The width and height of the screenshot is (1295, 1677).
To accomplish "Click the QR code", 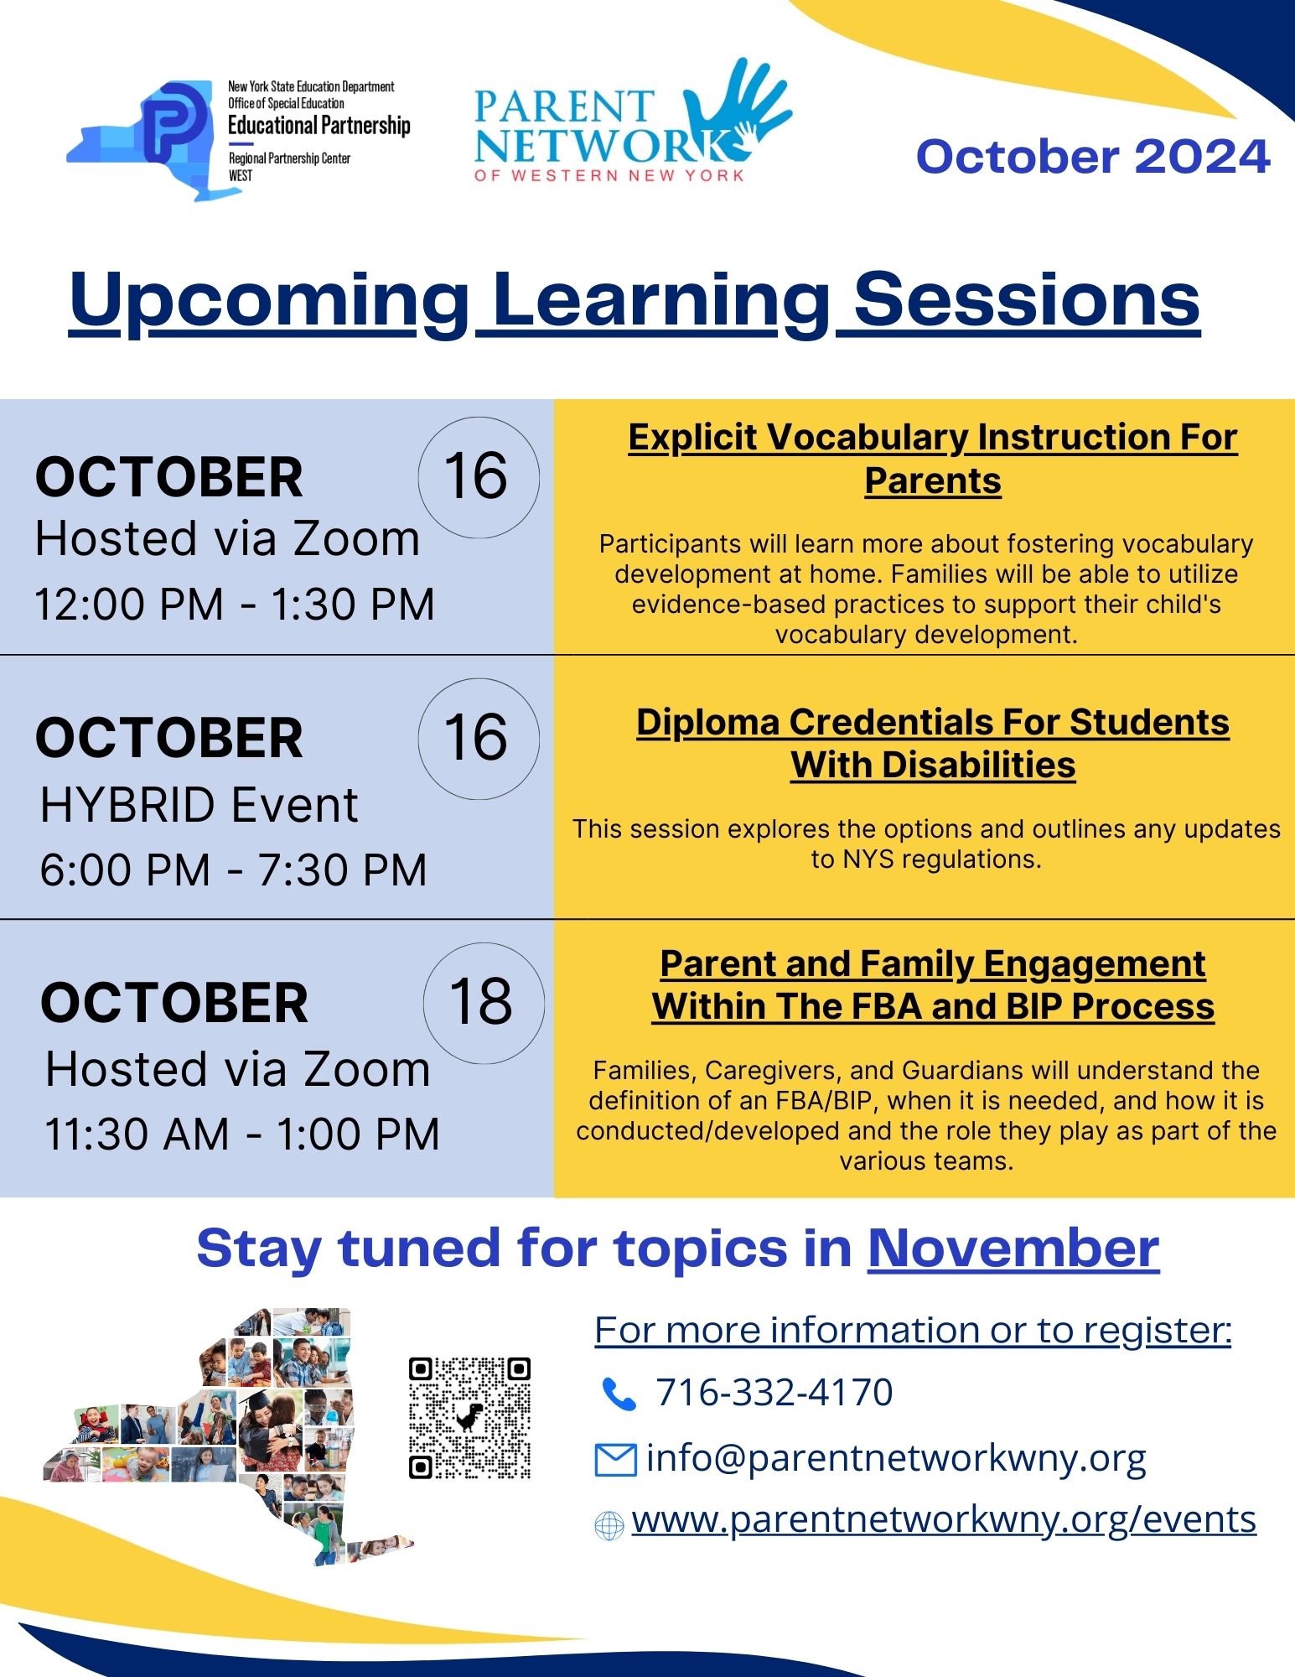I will pyautogui.click(x=469, y=1417).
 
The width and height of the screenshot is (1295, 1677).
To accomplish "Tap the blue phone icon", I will pyautogui.click(x=619, y=1394).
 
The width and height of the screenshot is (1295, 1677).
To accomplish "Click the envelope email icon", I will pyautogui.click(x=615, y=1460).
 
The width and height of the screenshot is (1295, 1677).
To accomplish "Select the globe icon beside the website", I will pyautogui.click(x=609, y=1524).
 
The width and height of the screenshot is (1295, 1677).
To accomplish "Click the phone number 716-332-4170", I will pyautogui.click(x=774, y=1393).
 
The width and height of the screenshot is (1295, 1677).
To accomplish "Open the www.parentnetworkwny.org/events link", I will pyautogui.click(x=944, y=1519).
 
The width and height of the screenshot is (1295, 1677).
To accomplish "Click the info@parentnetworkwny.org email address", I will pyautogui.click(x=895, y=1458).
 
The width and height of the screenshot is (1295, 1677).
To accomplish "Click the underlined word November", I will pyautogui.click(x=1013, y=1249).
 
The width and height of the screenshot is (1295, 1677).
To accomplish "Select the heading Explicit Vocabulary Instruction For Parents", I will pyautogui.click(x=932, y=459).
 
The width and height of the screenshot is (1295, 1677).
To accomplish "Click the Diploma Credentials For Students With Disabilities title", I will pyautogui.click(x=932, y=743).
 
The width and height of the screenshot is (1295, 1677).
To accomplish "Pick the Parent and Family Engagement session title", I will pyautogui.click(x=932, y=984).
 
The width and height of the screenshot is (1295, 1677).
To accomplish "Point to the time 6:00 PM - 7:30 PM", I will pyautogui.click(x=233, y=870).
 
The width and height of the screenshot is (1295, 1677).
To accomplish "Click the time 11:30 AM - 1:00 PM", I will pyautogui.click(x=241, y=1134).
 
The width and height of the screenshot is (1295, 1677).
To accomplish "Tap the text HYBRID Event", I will pyautogui.click(x=199, y=806).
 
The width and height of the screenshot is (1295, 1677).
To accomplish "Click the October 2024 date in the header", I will pyautogui.click(x=1093, y=157).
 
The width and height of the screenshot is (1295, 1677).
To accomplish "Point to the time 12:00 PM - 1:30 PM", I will pyautogui.click(x=234, y=604).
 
